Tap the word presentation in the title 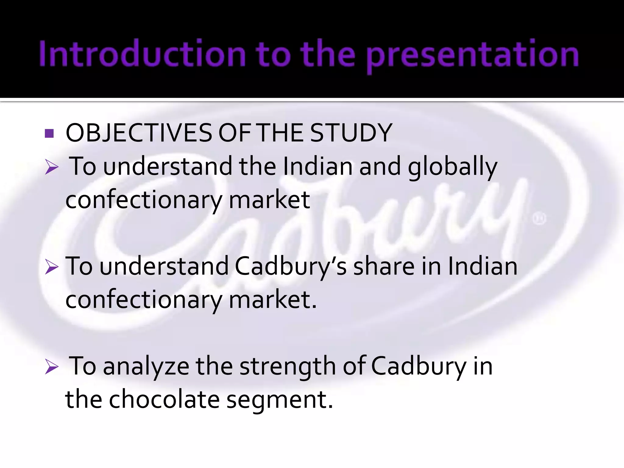point(472,55)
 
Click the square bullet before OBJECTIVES point(49,133)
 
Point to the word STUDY point(351,133)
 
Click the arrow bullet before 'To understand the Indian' point(51,167)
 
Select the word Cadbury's point(291,267)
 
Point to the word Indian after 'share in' point(483,266)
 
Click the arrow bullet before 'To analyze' point(51,367)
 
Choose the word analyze point(146,367)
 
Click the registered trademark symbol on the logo point(539,219)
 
